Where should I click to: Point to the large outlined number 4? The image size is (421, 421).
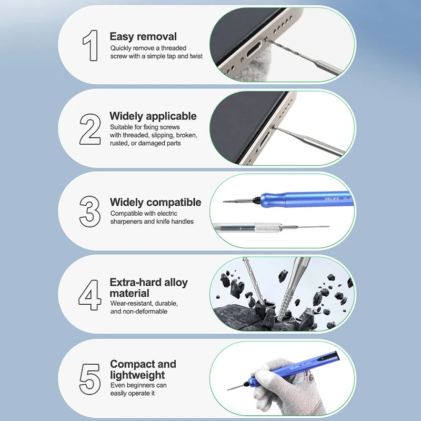(x=90, y=295)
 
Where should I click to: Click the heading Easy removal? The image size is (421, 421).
(x=143, y=36)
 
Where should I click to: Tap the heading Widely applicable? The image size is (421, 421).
(x=153, y=116)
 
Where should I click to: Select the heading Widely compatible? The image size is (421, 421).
(x=155, y=202)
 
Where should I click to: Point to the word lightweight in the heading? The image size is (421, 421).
(x=137, y=375)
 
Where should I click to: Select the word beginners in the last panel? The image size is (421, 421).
(x=143, y=385)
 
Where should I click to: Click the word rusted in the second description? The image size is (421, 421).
(x=119, y=143)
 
